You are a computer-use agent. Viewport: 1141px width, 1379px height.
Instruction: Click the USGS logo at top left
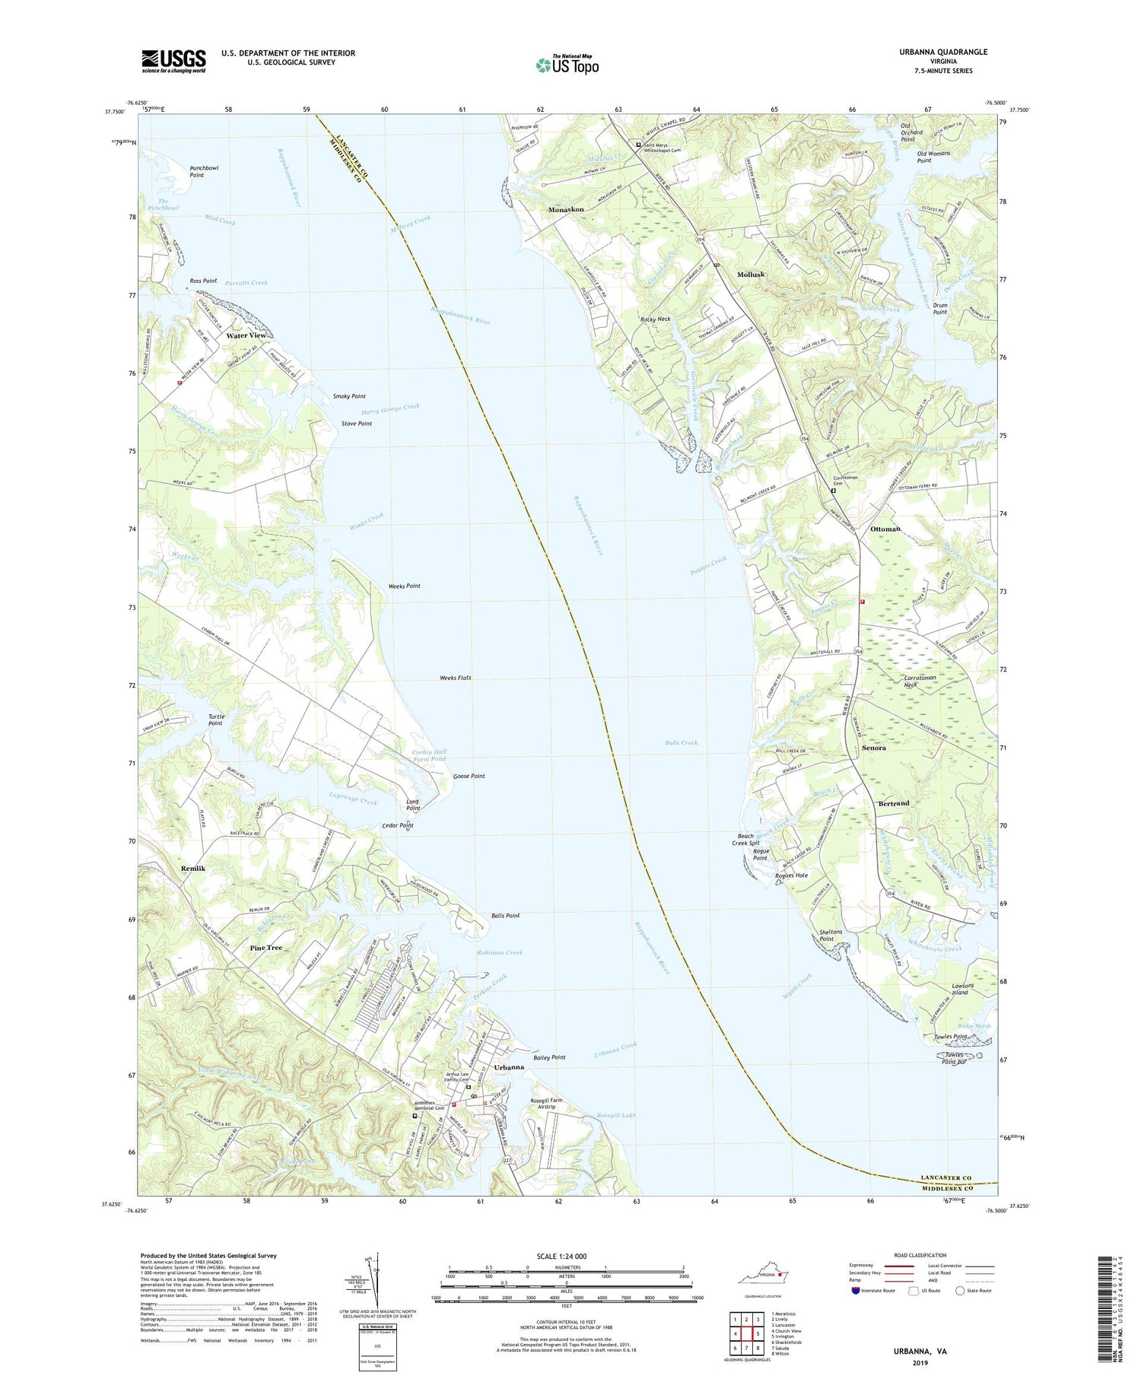click(173, 61)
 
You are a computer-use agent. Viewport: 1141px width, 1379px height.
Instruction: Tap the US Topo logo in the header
click(567, 65)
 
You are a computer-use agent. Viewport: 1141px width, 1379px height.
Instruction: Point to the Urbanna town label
click(509, 1067)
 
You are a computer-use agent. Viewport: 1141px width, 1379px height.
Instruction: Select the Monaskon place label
click(566, 209)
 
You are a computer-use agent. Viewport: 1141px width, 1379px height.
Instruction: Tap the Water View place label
click(246, 335)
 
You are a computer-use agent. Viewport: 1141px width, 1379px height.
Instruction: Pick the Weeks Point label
click(404, 586)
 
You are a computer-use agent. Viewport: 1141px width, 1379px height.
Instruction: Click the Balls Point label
click(506, 916)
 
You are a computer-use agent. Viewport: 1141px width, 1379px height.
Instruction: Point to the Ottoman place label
click(885, 529)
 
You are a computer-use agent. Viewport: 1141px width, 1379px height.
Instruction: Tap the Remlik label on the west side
click(194, 869)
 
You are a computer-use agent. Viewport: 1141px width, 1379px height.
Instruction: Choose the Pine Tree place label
click(266, 948)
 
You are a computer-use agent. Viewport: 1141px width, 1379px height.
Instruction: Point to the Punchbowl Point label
click(203, 171)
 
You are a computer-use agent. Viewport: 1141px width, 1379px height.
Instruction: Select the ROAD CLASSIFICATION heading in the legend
click(920, 1255)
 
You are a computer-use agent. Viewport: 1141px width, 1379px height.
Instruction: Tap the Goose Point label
click(469, 776)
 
